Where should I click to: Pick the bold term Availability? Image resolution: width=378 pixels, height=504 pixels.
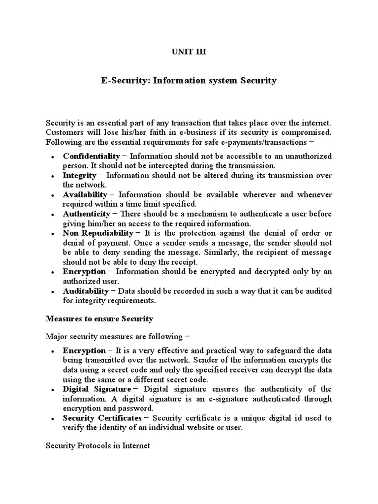[x=85, y=194]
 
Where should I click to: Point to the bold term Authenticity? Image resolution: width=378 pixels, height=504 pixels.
[x=86, y=214]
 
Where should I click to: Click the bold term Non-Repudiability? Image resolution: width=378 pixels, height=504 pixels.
[x=97, y=233]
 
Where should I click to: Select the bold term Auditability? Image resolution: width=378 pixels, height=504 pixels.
[x=86, y=291]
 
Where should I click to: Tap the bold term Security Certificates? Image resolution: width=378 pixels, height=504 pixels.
[x=102, y=418]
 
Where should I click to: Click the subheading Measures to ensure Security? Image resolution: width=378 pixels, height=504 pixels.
[x=99, y=319]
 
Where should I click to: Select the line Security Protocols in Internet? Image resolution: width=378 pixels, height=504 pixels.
[x=97, y=446]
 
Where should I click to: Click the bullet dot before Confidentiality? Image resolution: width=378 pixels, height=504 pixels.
[x=52, y=157]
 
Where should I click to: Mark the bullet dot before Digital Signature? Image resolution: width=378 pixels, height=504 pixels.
[x=52, y=390]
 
